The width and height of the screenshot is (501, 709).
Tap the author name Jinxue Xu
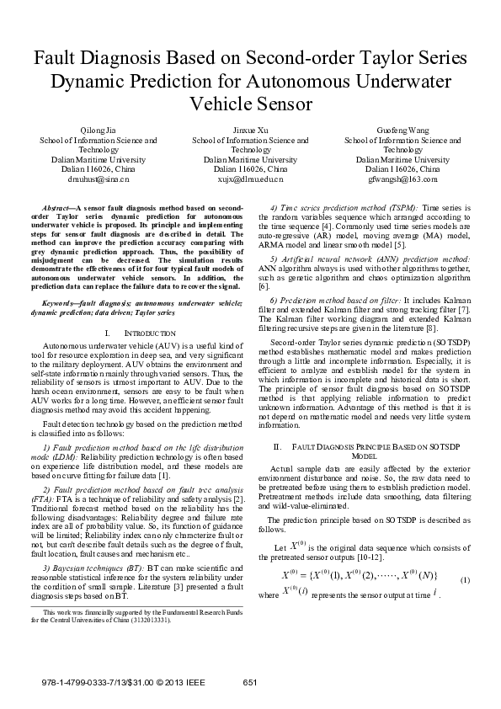pyautogui.click(x=251, y=131)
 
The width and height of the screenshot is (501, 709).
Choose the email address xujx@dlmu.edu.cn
pyautogui.click(x=251, y=179)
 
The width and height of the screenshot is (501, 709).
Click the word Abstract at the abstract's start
pyautogui.click(x=57, y=206)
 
